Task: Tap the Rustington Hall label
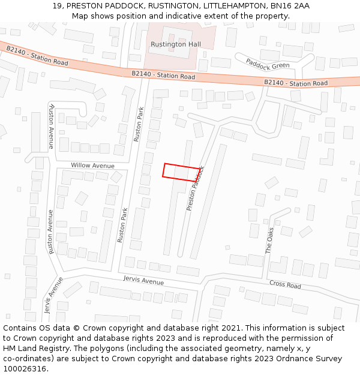pyautogui.click(x=175, y=44)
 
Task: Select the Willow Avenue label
pyautogui.click(x=92, y=166)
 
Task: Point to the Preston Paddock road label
pyautogui.click(x=196, y=188)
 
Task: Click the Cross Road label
pyautogui.click(x=285, y=285)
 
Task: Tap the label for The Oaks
pyautogui.click(x=269, y=240)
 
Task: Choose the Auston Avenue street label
pyautogui.click(x=52, y=126)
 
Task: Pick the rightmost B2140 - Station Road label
pyautogui.click(x=296, y=83)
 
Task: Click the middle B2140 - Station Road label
pyautogui.click(x=163, y=76)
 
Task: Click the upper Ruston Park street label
pyautogui.click(x=139, y=124)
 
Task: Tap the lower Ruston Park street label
pyautogui.click(x=122, y=225)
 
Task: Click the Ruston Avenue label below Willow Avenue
pyautogui.click(x=51, y=232)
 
